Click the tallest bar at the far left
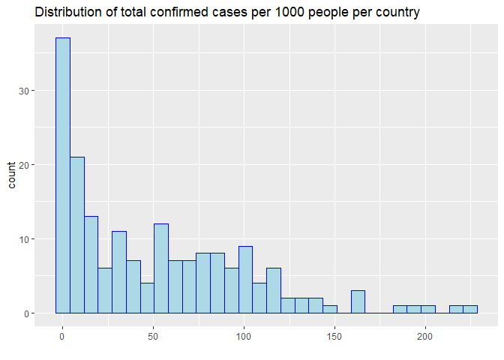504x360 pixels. point(63,175)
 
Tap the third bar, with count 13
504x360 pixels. point(91,265)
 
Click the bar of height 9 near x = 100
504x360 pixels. point(245,280)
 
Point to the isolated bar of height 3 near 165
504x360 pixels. point(358,302)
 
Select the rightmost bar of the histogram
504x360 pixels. point(470,310)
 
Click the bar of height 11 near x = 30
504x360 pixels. point(119,272)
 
